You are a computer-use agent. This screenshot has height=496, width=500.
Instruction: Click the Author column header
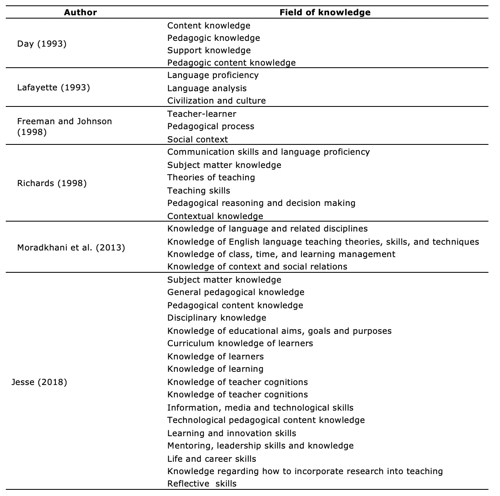tap(80, 12)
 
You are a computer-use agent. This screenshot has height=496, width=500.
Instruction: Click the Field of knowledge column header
tap(325, 12)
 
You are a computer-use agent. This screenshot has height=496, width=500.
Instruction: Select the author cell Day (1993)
tap(42, 44)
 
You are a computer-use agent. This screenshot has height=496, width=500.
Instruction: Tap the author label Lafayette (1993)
tap(54, 87)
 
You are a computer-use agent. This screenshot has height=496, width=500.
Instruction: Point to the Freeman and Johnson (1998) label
tap(64, 126)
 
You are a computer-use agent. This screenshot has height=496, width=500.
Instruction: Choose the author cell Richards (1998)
tap(52, 183)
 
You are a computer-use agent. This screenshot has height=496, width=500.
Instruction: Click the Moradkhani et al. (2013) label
tap(71, 248)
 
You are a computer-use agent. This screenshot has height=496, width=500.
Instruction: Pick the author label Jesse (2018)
tap(40, 382)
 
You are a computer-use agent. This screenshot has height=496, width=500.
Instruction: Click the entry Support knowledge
tap(209, 50)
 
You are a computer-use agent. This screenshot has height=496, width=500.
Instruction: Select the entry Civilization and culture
tap(216, 101)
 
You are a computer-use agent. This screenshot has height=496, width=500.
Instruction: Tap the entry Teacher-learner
tap(201, 113)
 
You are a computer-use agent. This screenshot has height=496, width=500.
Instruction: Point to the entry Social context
tap(197, 139)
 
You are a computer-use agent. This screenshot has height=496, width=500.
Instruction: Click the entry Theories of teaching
tap(211, 177)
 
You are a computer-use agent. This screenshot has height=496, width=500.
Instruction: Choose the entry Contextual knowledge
tap(215, 216)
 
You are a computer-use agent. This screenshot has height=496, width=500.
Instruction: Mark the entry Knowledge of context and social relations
tap(257, 267)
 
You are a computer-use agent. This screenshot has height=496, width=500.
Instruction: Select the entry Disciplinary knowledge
tap(217, 318)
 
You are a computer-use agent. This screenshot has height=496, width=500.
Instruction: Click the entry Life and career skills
tap(212, 459)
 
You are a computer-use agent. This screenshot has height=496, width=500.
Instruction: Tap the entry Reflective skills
tap(202, 484)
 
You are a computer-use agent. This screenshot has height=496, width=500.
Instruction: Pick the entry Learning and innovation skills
tap(231, 433)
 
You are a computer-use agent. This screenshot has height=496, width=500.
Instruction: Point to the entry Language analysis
tap(207, 88)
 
